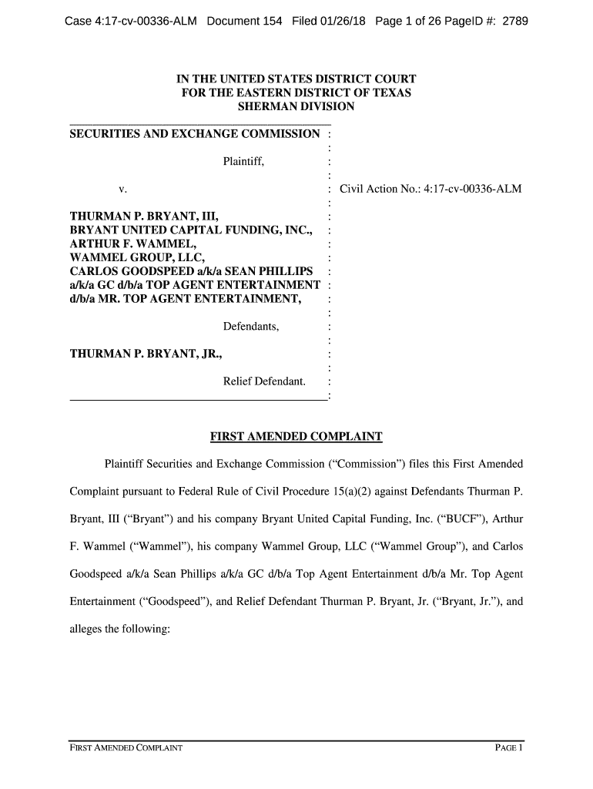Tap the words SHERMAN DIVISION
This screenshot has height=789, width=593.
point(296,106)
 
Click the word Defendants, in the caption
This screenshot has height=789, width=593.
point(251,327)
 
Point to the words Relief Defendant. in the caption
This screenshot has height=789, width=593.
point(264,381)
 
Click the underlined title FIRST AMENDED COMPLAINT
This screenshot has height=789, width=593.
point(296,438)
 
